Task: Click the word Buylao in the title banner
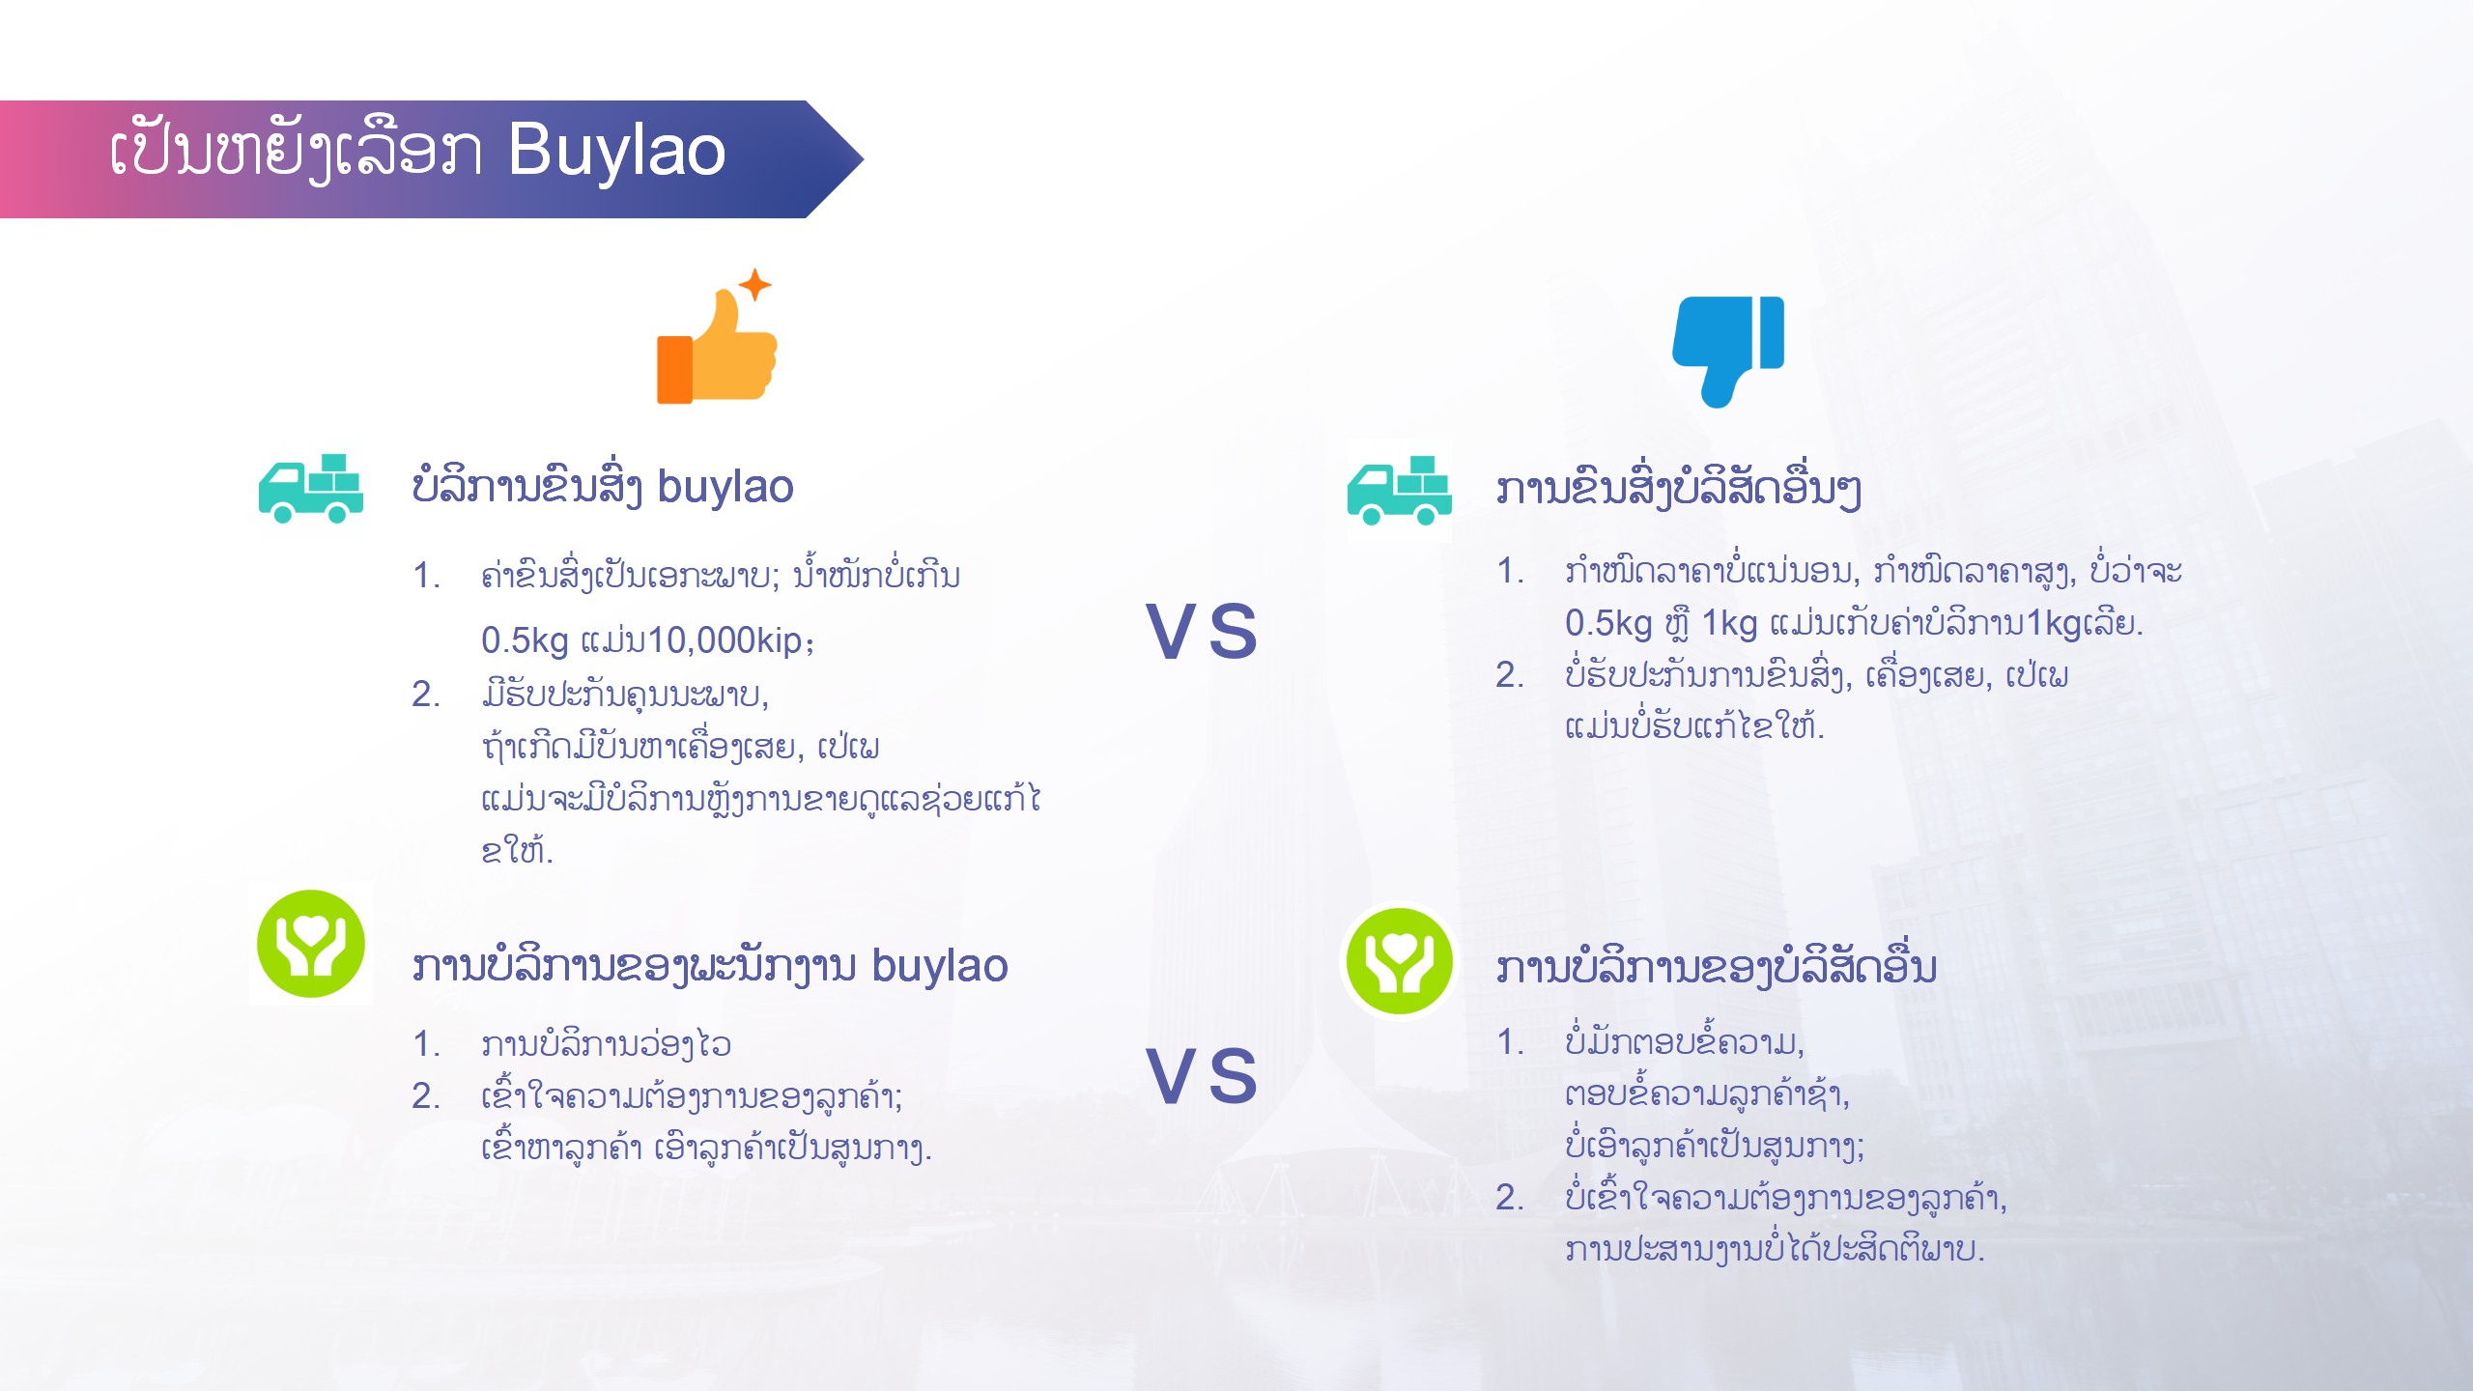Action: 616,152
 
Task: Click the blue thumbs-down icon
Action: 1728,352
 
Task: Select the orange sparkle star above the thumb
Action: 755,285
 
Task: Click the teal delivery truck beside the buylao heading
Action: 311,489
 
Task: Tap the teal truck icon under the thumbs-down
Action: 1400,491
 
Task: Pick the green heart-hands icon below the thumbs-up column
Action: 311,944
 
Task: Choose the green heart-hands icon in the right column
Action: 1399,960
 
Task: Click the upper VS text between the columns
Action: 1202,631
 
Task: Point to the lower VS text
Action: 1202,1075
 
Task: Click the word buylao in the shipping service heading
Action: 725,487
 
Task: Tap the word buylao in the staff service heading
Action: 940,966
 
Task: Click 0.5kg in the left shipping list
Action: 525,641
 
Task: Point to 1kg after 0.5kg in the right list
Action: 1728,624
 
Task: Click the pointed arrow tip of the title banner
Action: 863,159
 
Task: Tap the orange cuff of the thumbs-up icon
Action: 674,369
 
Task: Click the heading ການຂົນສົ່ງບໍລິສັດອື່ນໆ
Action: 1678,488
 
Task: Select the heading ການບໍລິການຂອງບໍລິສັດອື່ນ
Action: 1717,966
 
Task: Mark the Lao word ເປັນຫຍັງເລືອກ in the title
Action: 297,152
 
